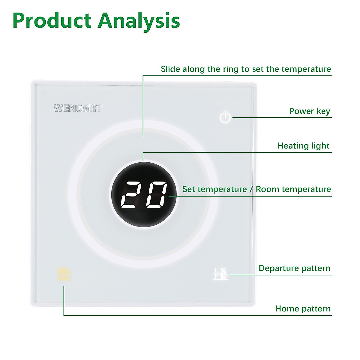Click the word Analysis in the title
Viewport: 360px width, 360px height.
tap(139, 21)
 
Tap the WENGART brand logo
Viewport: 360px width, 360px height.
tap(78, 108)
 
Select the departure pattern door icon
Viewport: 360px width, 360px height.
tap(220, 273)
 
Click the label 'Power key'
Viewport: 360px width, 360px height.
tap(309, 111)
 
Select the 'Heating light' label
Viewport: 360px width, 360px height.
tap(303, 146)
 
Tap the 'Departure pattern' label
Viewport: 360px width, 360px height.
tap(294, 268)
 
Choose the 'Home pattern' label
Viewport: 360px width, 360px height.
tap(303, 309)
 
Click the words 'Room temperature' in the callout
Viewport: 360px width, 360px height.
tap(293, 189)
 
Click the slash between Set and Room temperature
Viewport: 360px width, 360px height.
tap(251, 189)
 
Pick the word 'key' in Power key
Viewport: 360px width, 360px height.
tap(323, 112)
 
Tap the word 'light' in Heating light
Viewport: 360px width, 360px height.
tap(320, 146)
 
